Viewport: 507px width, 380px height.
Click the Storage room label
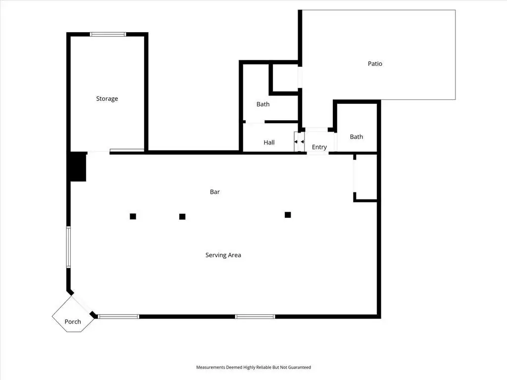(x=107, y=99)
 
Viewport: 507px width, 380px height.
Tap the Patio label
(x=375, y=64)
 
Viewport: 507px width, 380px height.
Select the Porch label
(x=73, y=322)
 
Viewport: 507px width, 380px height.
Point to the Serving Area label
(x=223, y=255)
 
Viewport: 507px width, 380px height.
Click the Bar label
(x=215, y=192)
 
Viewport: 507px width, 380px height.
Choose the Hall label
(x=269, y=142)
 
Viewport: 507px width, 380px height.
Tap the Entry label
(x=319, y=147)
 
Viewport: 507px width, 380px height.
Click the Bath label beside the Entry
(x=356, y=137)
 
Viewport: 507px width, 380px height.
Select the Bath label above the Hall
(x=263, y=104)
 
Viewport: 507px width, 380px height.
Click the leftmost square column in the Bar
(x=133, y=217)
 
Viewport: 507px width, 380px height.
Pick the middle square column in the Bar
(x=182, y=217)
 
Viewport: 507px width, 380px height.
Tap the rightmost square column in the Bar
(x=288, y=215)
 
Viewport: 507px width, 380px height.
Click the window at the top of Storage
(x=108, y=34)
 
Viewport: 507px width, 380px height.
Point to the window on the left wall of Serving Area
(x=68, y=247)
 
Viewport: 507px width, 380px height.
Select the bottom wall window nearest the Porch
(x=119, y=317)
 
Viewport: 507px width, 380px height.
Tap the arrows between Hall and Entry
(x=299, y=142)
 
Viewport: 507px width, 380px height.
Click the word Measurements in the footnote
(x=210, y=368)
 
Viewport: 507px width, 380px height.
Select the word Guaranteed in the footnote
(x=300, y=368)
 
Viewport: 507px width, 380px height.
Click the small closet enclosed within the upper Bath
(x=285, y=78)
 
